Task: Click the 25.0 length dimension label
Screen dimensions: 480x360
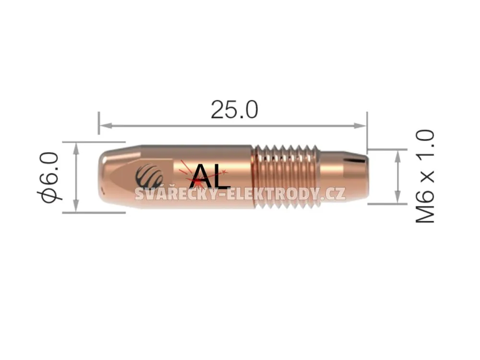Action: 234,109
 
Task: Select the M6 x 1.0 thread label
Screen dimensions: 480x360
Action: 425,176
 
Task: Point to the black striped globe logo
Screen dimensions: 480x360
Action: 149,176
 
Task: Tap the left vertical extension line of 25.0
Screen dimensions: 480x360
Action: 98,123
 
